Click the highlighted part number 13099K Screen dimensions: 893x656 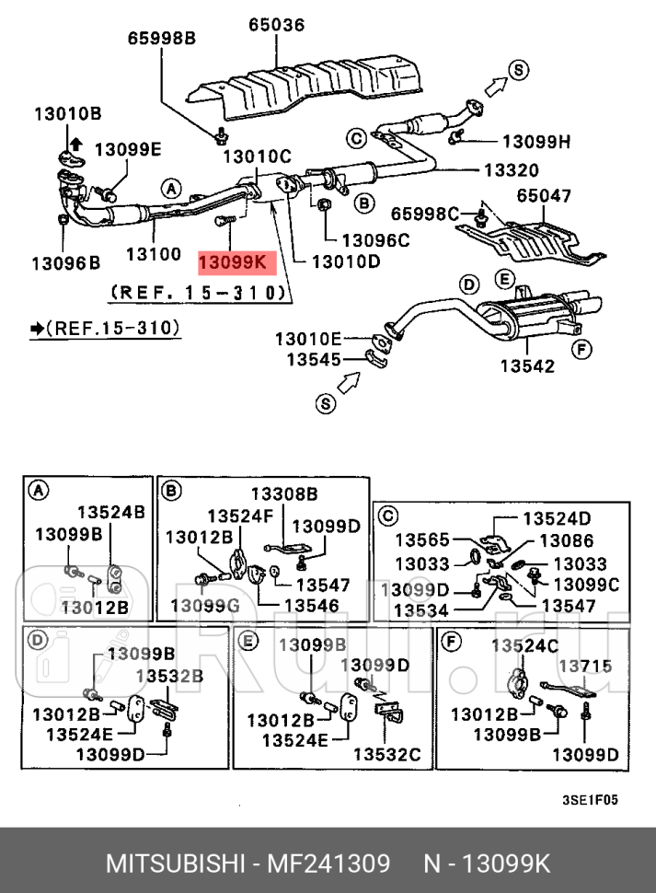click(x=234, y=262)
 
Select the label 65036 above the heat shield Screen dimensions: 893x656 click(x=276, y=26)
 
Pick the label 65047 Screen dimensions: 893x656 click(x=544, y=196)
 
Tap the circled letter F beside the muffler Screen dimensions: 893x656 click(x=581, y=349)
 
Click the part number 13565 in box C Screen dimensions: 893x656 click(x=423, y=541)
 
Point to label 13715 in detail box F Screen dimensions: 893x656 click(x=585, y=665)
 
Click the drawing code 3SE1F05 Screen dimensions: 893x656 click(x=590, y=800)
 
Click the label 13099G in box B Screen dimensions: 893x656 click(x=204, y=605)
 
